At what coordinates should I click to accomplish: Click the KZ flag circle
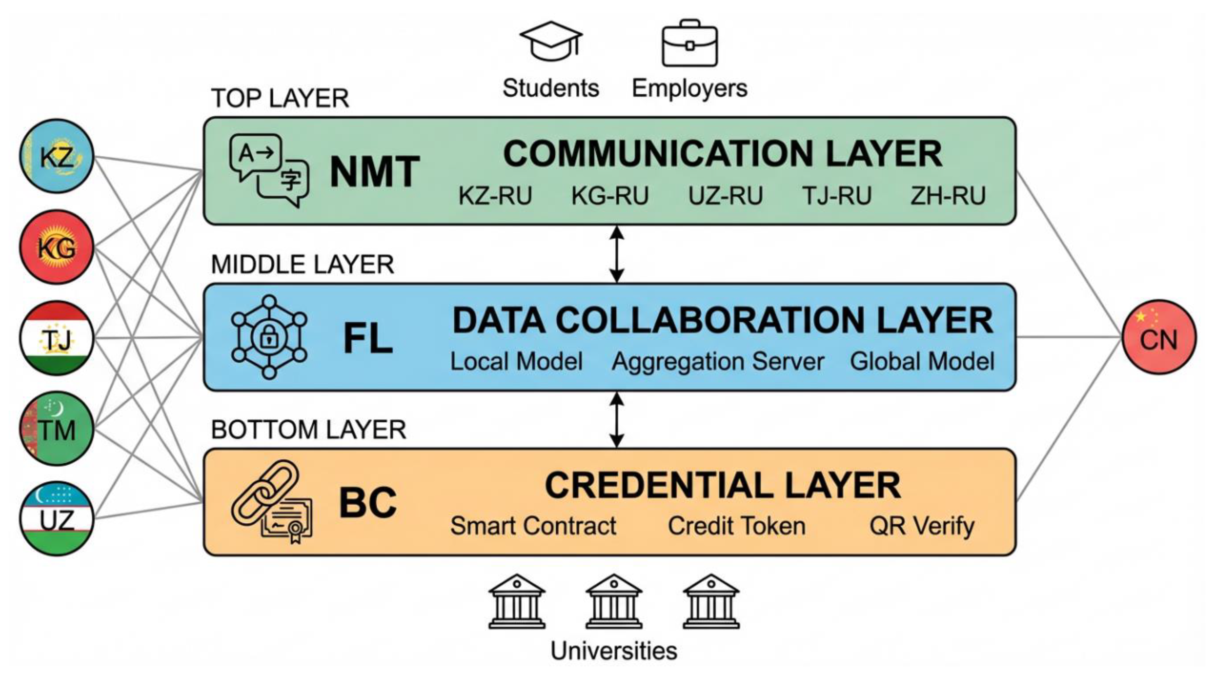click(x=57, y=156)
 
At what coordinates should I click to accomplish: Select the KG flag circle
click(x=57, y=247)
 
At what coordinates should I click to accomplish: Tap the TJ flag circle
click(x=57, y=338)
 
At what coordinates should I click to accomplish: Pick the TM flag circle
click(x=57, y=429)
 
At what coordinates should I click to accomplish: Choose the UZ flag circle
click(x=57, y=519)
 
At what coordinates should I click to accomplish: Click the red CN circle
click(x=1159, y=337)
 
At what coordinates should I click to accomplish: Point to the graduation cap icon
click(x=551, y=41)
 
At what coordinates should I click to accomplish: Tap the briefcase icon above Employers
click(x=690, y=43)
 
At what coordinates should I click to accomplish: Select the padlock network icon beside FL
click(x=269, y=337)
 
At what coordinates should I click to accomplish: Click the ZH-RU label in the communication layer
click(x=948, y=196)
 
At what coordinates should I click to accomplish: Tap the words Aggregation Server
click(x=718, y=362)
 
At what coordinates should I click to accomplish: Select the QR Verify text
click(x=921, y=526)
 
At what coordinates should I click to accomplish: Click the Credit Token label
click(x=736, y=526)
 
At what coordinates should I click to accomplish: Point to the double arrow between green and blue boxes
click(x=616, y=254)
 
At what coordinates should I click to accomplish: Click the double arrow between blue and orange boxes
click(x=616, y=420)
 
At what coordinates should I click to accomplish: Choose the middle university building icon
click(x=614, y=601)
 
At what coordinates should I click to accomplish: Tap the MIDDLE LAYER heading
click(x=302, y=264)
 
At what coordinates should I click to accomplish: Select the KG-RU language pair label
click(x=610, y=196)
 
